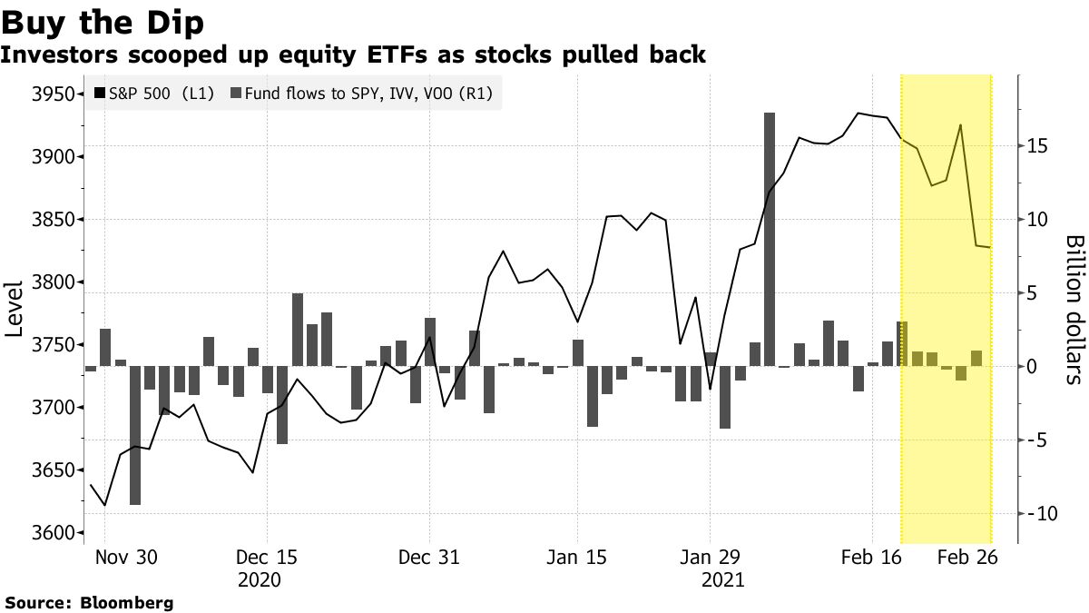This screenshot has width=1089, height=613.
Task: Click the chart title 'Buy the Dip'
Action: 103,20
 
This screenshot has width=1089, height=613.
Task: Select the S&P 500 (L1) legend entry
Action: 154,93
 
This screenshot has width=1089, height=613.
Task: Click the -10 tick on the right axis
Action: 1037,514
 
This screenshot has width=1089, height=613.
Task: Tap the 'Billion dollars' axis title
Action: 1074,309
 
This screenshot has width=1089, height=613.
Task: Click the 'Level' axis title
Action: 14,309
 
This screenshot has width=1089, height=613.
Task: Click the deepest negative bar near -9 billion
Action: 135,435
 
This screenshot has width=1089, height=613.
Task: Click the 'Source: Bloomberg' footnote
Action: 89,602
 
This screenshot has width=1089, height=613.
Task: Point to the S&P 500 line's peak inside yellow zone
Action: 960,125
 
